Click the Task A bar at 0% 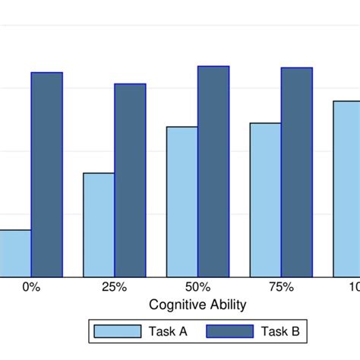coord(14,254)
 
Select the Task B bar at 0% coord(46,175)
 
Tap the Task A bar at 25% coord(99,225)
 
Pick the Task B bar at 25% coord(130,180)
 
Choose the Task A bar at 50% coord(182,202)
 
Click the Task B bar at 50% coord(213,172)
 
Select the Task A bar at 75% coord(266,200)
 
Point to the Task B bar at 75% coord(297,172)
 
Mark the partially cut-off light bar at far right coord(347,189)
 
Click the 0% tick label coord(31,287)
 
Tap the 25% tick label coord(115,287)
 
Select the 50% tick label coord(197,287)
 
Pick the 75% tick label coord(282,287)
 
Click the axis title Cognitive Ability coord(197,305)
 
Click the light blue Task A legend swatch coord(117,331)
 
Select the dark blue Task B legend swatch coord(227,331)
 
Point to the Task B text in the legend coord(279,331)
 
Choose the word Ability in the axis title coord(226,305)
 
